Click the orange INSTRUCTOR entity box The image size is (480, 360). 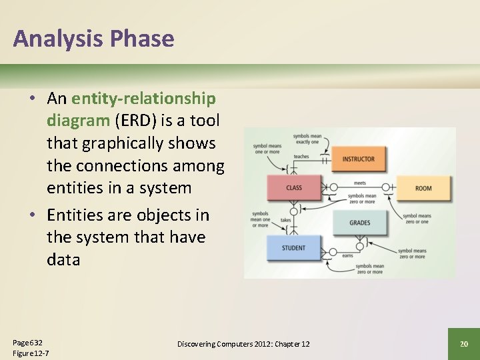tap(359, 159)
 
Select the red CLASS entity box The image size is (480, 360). tap(294, 188)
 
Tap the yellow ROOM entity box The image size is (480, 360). tap(423, 188)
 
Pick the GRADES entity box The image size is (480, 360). tap(359, 223)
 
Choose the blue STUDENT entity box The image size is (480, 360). tap(294, 248)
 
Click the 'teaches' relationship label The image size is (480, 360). tap(301, 157)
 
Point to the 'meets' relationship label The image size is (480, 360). tap(359, 183)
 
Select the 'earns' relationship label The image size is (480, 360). tap(347, 255)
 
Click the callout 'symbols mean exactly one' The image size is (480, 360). tap(307, 139)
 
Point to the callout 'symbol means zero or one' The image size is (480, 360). tap(417, 219)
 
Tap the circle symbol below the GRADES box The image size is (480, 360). tap(359, 246)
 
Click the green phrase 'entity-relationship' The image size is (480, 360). tap(143, 99)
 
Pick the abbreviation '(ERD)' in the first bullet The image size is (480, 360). tap(137, 121)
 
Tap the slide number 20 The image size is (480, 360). tap(464, 343)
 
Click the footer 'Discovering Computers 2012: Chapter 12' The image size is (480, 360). tap(243, 343)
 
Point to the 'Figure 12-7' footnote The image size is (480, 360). tap(31, 353)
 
